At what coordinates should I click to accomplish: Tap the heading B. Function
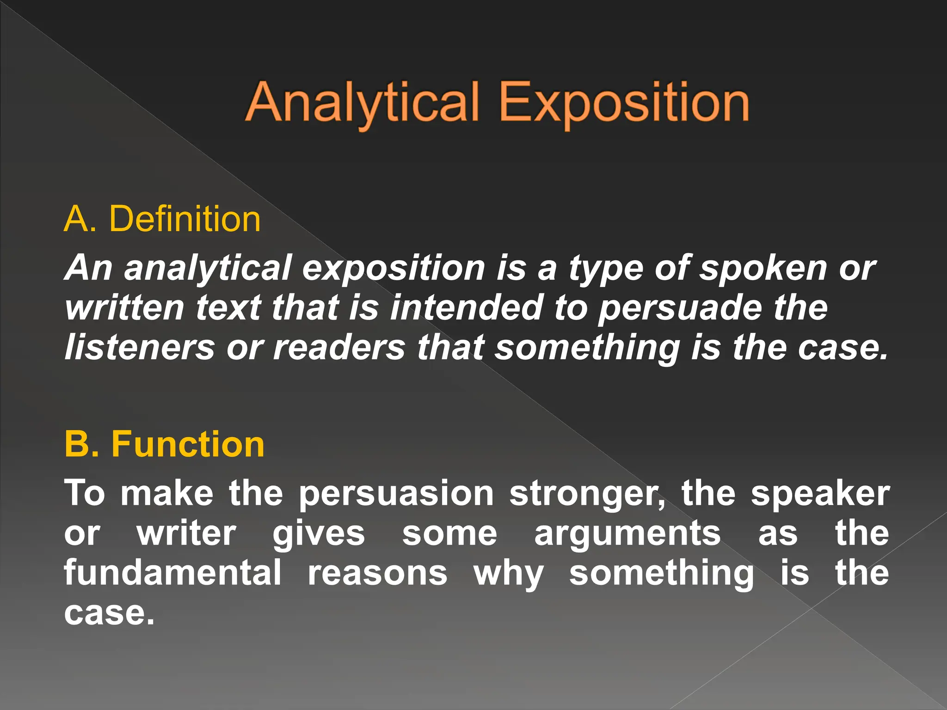[164, 444]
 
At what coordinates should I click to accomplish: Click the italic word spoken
[763, 268]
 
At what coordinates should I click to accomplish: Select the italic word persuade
[680, 308]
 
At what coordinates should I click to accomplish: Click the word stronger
[587, 494]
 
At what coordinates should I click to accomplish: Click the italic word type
[605, 269]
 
